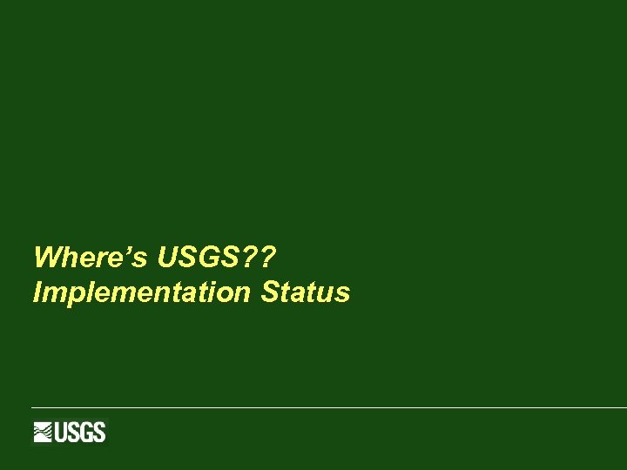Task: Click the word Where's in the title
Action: click(x=91, y=258)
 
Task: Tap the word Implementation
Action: click(x=141, y=292)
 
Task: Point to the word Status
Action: click(x=305, y=292)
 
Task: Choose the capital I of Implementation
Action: click(x=37, y=292)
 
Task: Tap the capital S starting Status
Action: click(x=269, y=292)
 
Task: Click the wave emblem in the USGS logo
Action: click(x=44, y=432)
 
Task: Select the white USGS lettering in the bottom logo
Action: click(x=80, y=432)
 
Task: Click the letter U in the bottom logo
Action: click(x=63, y=432)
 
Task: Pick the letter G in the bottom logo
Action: click(x=87, y=432)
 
